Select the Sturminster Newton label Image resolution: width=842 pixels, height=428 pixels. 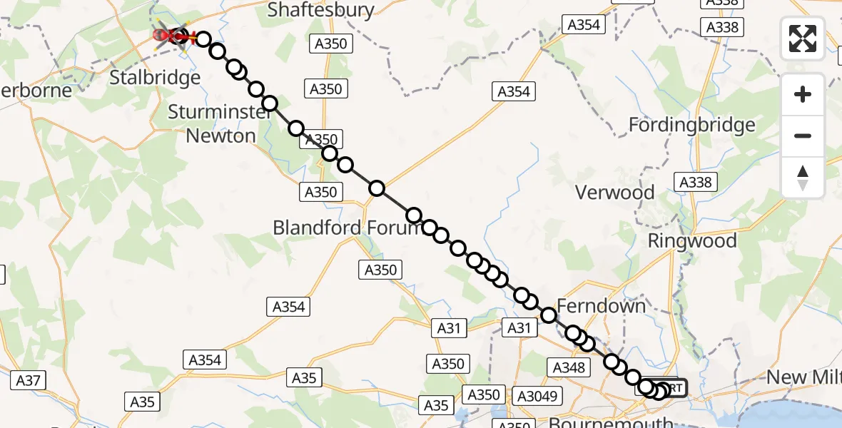[211, 123]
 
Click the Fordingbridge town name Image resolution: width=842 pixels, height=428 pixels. [691, 126]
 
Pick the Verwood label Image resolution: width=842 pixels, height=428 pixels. [614, 192]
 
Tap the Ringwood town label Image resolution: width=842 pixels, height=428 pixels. [691, 240]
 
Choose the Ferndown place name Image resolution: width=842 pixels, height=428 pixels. [601, 306]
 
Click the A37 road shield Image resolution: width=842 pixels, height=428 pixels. [28, 380]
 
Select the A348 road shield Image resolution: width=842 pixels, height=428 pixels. [569, 367]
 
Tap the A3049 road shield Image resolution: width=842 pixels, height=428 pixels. [539, 395]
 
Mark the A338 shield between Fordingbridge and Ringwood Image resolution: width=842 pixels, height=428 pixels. [695, 182]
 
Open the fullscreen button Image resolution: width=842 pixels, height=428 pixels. [803, 39]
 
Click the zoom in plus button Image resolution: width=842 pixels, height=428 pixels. [803, 94]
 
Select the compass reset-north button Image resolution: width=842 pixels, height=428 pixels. [803, 178]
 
